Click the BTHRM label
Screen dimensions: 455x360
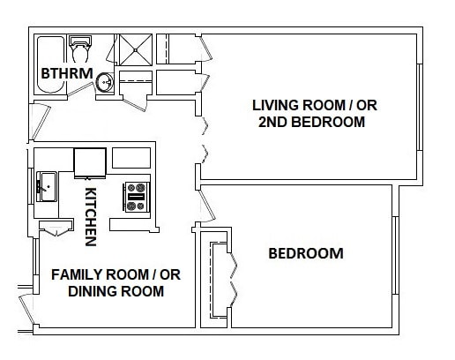pos(67,73)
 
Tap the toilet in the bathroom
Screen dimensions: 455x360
pos(80,49)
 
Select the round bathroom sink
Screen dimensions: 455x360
pos(104,82)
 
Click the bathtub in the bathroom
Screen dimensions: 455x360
pos(50,64)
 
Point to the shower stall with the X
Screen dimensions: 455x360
pos(136,49)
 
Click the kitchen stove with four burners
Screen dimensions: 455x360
pos(136,197)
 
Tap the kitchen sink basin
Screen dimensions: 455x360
pos(47,187)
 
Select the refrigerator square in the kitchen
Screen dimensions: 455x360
pos(90,163)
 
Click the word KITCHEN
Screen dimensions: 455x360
pos(90,217)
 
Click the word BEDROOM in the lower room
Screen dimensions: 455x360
pos(306,253)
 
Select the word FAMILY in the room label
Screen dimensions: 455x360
pos(78,274)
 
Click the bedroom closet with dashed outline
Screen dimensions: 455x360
pos(219,280)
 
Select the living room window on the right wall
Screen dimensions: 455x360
pos(420,108)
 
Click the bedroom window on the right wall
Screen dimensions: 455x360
pos(396,255)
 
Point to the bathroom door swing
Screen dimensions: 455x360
pos(79,89)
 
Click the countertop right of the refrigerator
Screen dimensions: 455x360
pos(131,158)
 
